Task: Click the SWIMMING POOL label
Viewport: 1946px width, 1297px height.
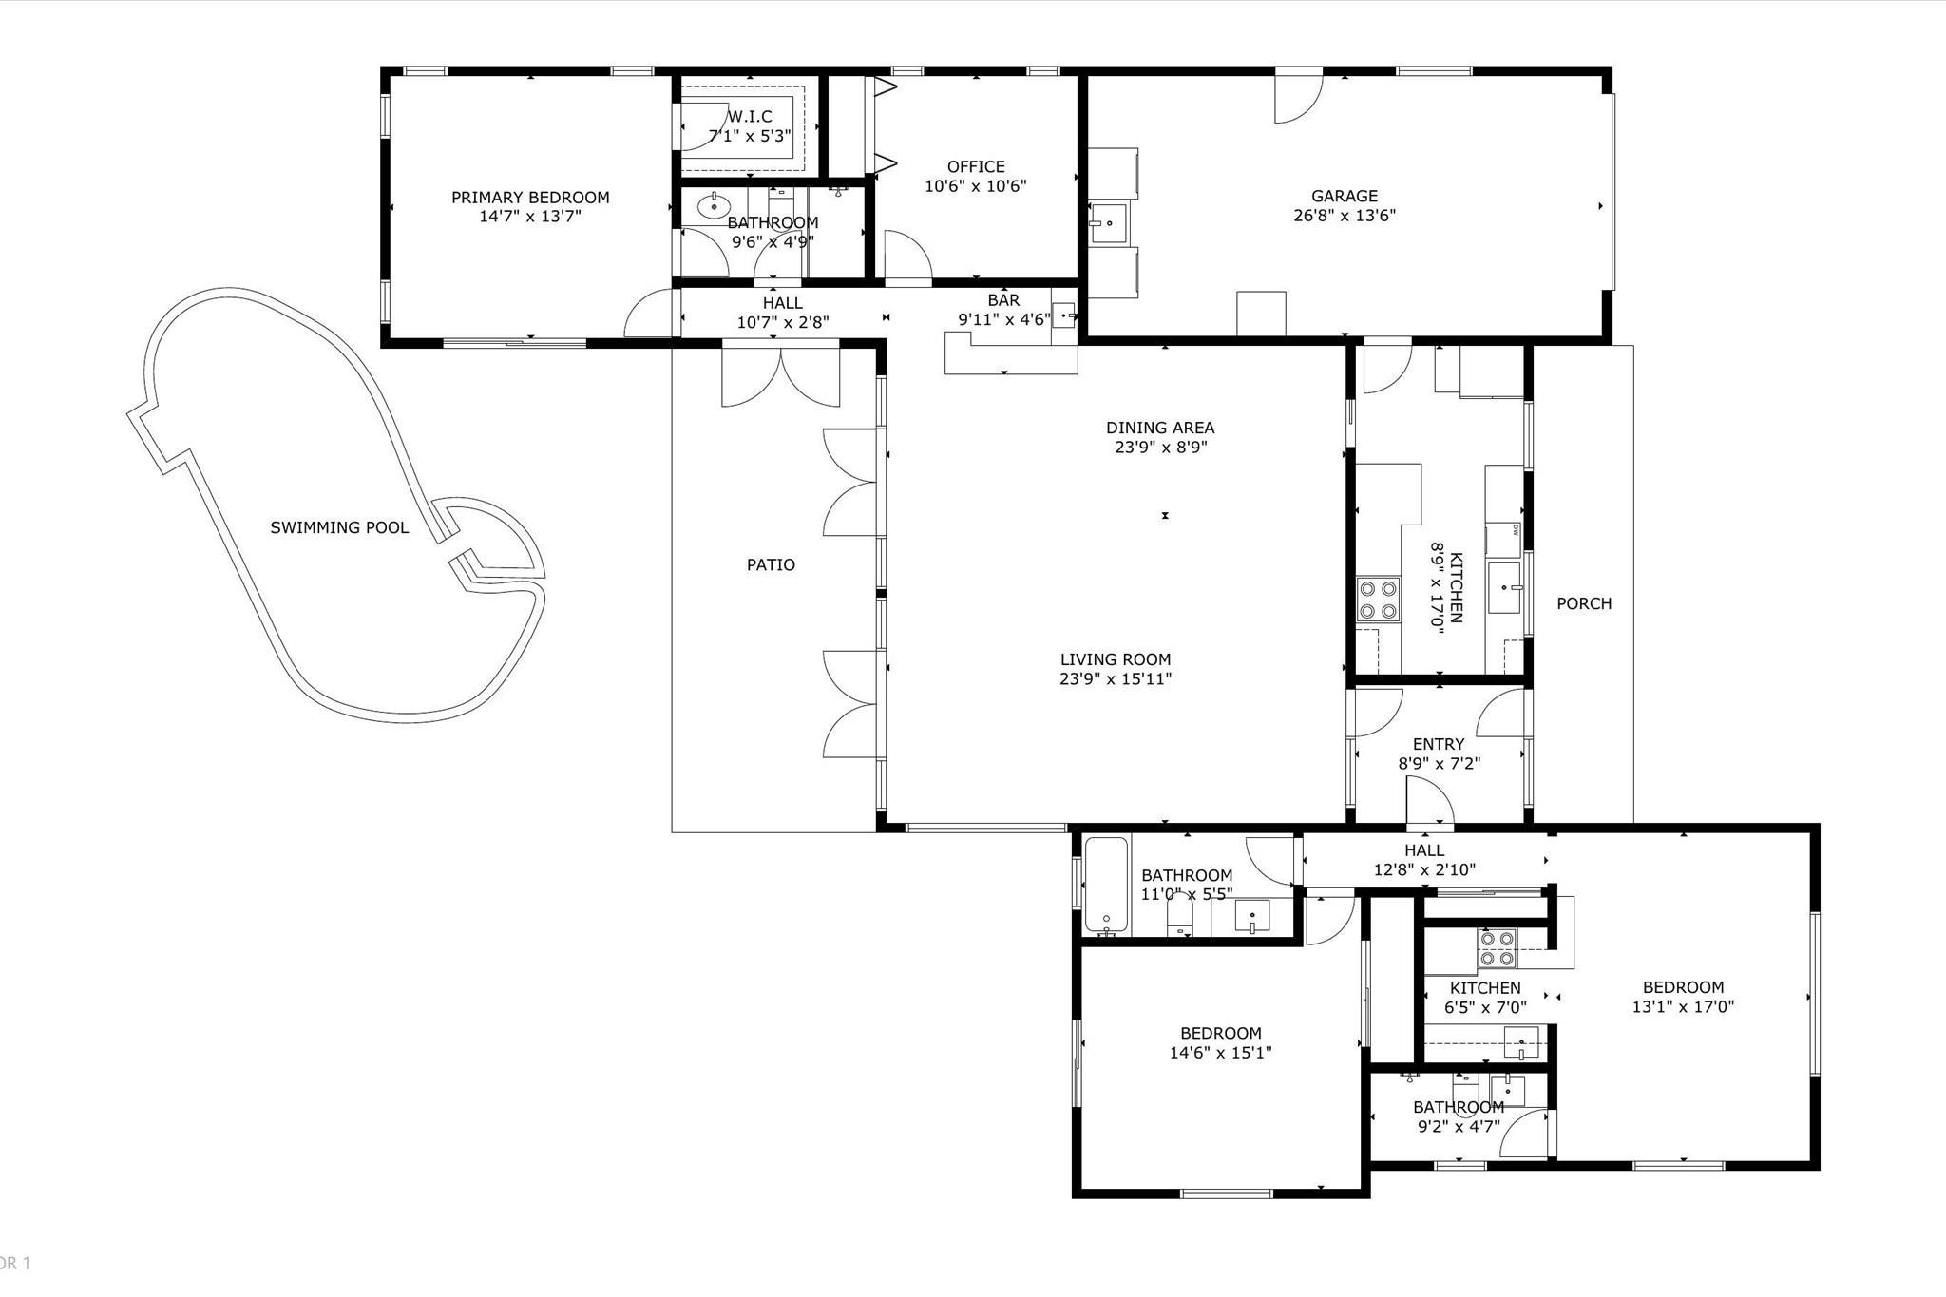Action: coord(339,527)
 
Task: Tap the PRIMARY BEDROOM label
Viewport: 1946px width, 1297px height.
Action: coord(530,198)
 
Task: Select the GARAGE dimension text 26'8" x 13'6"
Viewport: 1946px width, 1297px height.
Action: coord(1345,216)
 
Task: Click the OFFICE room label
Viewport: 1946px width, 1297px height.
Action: coord(976,167)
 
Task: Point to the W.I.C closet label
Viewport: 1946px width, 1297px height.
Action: coord(750,117)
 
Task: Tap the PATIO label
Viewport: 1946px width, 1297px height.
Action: coord(771,565)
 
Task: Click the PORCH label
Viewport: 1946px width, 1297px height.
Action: coord(1584,603)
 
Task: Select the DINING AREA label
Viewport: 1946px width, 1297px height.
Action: coord(1160,429)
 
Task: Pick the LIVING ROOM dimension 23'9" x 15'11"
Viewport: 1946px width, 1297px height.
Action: coord(1116,679)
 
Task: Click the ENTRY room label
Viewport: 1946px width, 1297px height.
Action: coord(1439,744)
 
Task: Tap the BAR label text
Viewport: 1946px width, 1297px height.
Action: coord(1003,300)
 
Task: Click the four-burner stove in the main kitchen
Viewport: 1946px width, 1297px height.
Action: coord(1378,600)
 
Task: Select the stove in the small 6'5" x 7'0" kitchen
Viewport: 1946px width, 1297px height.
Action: coord(1497,948)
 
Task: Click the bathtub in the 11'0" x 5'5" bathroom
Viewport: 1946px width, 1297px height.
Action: coord(1106,885)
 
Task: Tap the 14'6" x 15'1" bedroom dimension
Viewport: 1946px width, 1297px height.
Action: coord(1221,1053)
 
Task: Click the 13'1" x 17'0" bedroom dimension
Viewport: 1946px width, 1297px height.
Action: coord(1683,1007)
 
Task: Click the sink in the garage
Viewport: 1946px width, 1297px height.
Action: coord(1107,224)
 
